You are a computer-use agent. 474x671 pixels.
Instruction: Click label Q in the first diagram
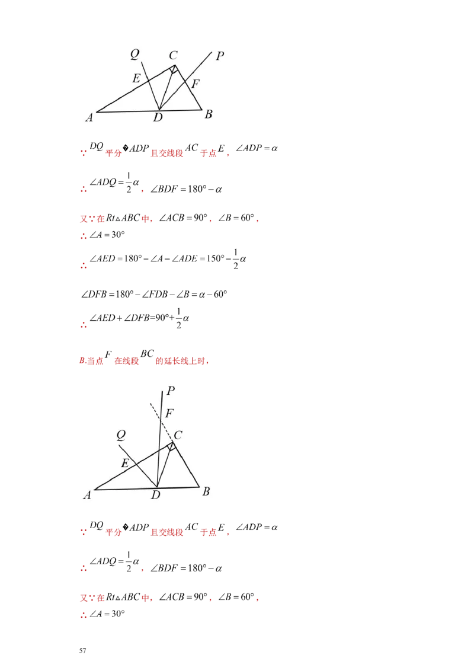(134, 55)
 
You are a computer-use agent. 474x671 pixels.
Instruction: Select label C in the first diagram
(173, 56)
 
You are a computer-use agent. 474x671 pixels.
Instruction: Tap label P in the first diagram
(220, 56)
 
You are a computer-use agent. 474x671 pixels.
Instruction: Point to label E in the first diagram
(136, 78)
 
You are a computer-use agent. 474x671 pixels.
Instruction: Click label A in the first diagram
(89, 117)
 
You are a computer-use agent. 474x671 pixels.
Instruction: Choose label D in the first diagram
(158, 117)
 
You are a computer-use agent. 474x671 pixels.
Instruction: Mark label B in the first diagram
(208, 114)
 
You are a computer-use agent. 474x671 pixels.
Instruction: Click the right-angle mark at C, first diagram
(173, 70)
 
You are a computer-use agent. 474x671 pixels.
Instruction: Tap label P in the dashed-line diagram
(171, 391)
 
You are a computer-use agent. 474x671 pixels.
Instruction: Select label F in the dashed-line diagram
(169, 414)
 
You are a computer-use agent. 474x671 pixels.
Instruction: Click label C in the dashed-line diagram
(178, 436)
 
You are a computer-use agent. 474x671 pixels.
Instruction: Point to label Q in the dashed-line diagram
(121, 436)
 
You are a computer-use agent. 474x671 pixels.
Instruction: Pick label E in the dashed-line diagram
(125, 464)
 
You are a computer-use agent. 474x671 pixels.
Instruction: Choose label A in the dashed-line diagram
(87, 495)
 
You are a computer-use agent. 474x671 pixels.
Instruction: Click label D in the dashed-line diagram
(155, 495)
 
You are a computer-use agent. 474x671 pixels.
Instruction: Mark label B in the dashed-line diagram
(206, 491)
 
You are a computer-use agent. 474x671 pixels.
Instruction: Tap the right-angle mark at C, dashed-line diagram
(171, 447)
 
